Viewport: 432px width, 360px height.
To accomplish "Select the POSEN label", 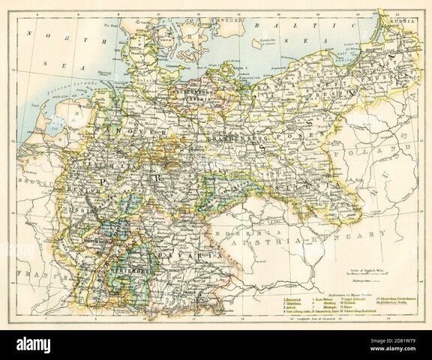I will tap(288, 139).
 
